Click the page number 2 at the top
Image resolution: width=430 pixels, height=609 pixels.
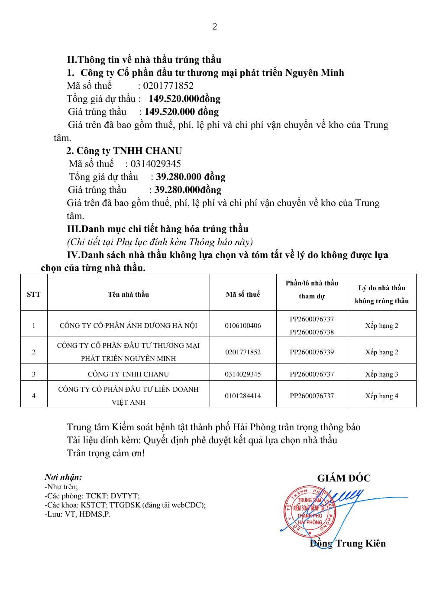click(x=214, y=27)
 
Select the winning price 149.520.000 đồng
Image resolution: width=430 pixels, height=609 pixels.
click(x=181, y=112)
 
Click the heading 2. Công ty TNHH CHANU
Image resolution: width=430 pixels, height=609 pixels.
click(x=124, y=151)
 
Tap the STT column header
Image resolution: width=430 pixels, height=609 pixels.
click(x=34, y=294)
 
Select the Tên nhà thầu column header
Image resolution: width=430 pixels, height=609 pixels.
click(x=128, y=294)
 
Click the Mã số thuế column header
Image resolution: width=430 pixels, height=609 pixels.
click(x=243, y=294)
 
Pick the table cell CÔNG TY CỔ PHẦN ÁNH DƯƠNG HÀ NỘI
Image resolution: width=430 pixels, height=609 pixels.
click(x=128, y=325)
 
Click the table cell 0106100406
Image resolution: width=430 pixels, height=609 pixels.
click(x=243, y=325)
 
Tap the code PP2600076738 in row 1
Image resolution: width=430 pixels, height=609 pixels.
click(x=312, y=332)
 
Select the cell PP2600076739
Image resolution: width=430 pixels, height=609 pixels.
click(x=312, y=352)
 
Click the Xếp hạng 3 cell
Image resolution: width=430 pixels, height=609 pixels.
click(x=382, y=374)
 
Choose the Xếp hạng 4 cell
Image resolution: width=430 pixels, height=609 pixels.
click(x=382, y=396)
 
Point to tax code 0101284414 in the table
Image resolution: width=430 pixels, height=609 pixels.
click(x=243, y=396)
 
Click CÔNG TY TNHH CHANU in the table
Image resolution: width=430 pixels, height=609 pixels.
click(x=128, y=374)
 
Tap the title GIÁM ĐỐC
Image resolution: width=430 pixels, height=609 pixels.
click(x=344, y=478)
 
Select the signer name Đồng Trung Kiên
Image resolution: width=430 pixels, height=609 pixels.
click(x=348, y=544)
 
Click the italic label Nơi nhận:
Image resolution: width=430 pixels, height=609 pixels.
click(x=63, y=477)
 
